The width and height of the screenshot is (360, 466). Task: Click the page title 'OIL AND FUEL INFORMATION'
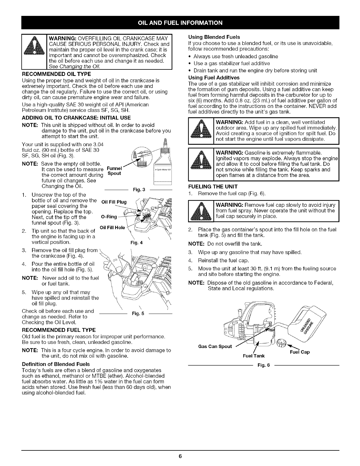[180, 22]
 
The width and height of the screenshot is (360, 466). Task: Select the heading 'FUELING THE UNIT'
[213, 187]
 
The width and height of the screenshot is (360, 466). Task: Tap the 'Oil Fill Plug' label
[114, 202]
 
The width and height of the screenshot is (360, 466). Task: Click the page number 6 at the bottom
[180, 456]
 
